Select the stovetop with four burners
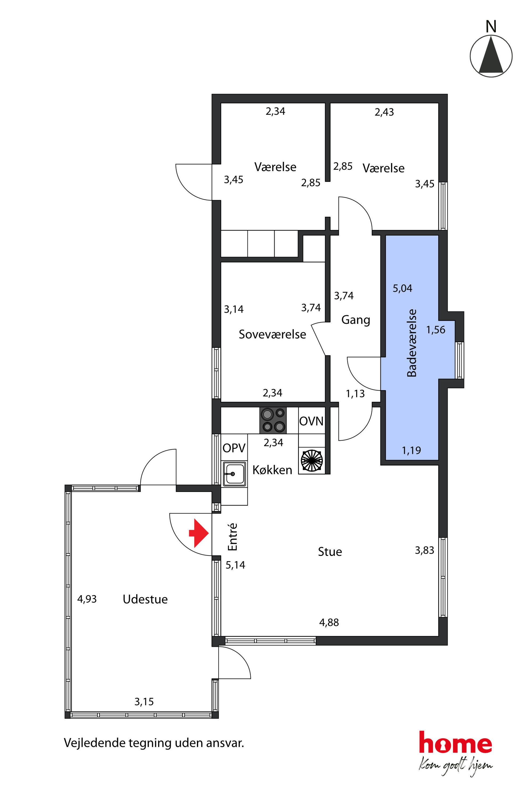pos(273,420)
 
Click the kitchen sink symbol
pos(234,474)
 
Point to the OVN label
pos(311,421)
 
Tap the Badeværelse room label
pos(412,343)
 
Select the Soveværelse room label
pos(273,334)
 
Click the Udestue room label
pos(145,599)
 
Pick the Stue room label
pos(330,552)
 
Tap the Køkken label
pos(273,470)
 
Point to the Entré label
pos(232,537)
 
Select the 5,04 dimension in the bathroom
pos(402,288)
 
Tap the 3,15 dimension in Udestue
pos(144,702)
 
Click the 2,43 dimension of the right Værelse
pos(384,112)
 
